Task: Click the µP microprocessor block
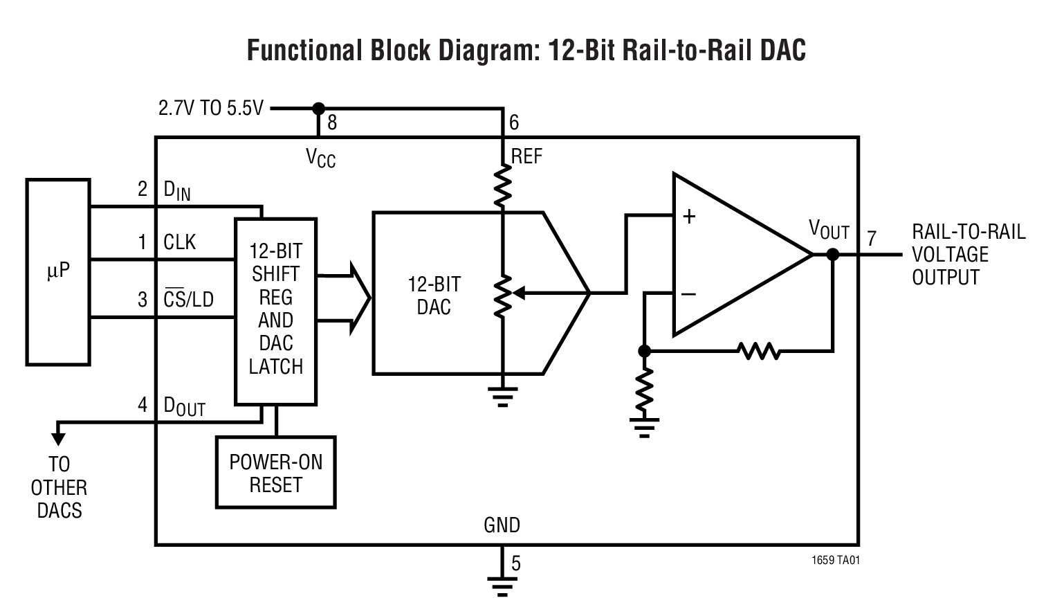click(58, 271)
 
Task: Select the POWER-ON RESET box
click(275, 473)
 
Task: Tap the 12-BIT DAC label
click(434, 296)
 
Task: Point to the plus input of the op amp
click(689, 217)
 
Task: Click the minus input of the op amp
click(688, 294)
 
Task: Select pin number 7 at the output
click(872, 239)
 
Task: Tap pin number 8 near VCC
click(332, 123)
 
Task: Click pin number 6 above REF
click(514, 123)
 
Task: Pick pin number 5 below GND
click(516, 563)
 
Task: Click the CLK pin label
click(180, 243)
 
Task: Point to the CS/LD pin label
click(188, 300)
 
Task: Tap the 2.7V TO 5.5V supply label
click(211, 109)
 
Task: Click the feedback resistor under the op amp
click(759, 351)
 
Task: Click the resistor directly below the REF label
click(503, 185)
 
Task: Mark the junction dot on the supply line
click(318, 109)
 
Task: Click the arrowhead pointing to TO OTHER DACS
click(58, 437)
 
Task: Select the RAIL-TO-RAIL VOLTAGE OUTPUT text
click(967, 255)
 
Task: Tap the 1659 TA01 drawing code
click(836, 560)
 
